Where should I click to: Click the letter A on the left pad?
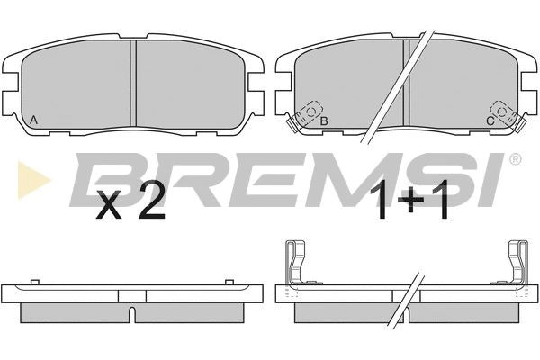(x=33, y=120)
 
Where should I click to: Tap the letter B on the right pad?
(x=324, y=121)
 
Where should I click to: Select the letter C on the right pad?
(x=490, y=121)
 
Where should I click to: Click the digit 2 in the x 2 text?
(x=152, y=203)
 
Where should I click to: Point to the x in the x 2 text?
(x=109, y=207)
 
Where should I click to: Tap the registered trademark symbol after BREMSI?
(x=515, y=159)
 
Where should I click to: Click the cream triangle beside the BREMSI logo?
(x=34, y=180)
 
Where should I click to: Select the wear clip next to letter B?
(x=305, y=116)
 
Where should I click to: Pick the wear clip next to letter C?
(x=507, y=116)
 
